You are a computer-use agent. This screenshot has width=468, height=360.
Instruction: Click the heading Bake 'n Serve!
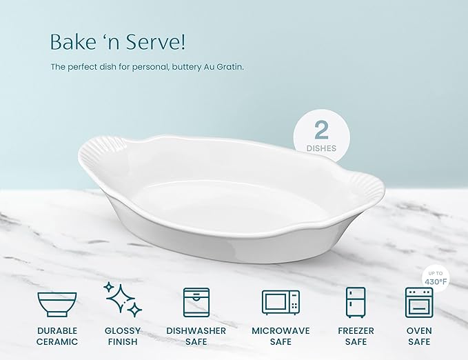[x=117, y=41]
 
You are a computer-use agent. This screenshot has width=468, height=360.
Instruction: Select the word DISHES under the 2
[x=321, y=148]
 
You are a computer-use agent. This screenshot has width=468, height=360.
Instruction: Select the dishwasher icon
[x=196, y=302]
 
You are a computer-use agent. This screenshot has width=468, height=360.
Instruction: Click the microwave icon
[x=281, y=302]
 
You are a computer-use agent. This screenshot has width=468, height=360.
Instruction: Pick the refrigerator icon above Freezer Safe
[x=355, y=302]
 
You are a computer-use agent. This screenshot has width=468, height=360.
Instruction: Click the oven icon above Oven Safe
[x=418, y=302]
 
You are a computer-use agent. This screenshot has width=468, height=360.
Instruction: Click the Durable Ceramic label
[x=57, y=336]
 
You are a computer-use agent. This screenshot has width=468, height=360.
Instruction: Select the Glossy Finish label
[x=123, y=336]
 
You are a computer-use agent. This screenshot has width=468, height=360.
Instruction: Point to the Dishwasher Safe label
[x=196, y=336]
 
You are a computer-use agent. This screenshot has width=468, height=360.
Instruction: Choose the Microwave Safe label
[x=281, y=336]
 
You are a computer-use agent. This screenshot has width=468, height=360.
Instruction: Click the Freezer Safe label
[x=355, y=336]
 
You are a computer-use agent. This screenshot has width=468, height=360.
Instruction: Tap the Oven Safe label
[x=418, y=336]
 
